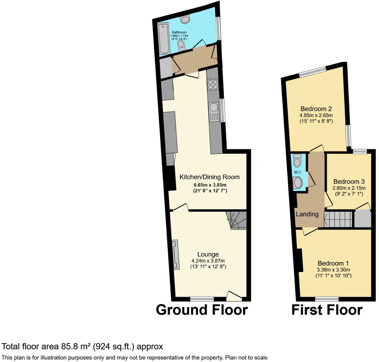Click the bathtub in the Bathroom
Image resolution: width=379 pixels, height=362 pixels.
pyautogui.click(x=164, y=39)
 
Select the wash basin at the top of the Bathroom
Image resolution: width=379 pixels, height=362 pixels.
pyautogui.click(x=185, y=19)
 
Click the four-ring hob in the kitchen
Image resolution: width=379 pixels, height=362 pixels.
pyautogui.click(x=213, y=85)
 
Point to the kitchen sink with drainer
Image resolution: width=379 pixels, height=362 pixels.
pyautogui.click(x=214, y=112)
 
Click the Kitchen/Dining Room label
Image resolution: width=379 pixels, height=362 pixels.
pyautogui.click(x=209, y=177)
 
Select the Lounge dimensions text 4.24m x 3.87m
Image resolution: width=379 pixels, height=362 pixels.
pyautogui.click(x=208, y=261)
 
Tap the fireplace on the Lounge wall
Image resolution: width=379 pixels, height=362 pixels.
pyautogui.click(x=176, y=255)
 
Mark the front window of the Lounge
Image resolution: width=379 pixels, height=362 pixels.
pyautogui.click(x=202, y=299)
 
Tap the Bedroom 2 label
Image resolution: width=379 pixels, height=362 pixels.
pyautogui.click(x=316, y=109)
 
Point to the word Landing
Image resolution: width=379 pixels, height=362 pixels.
pyautogui.click(x=307, y=214)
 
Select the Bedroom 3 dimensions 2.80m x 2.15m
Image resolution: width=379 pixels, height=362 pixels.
pyautogui.click(x=349, y=188)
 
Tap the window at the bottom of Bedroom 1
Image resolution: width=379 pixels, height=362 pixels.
pyautogui.click(x=327, y=299)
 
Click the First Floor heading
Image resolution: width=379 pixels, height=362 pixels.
pyautogui.click(x=327, y=310)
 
